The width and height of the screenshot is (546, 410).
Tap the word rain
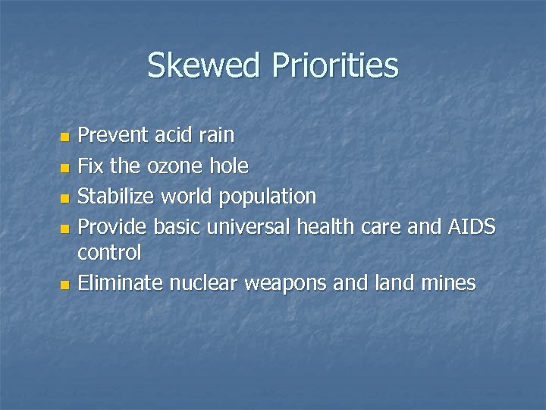tap(215, 137)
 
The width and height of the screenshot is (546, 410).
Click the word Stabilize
tap(115, 196)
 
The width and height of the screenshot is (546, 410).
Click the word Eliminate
tap(121, 284)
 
